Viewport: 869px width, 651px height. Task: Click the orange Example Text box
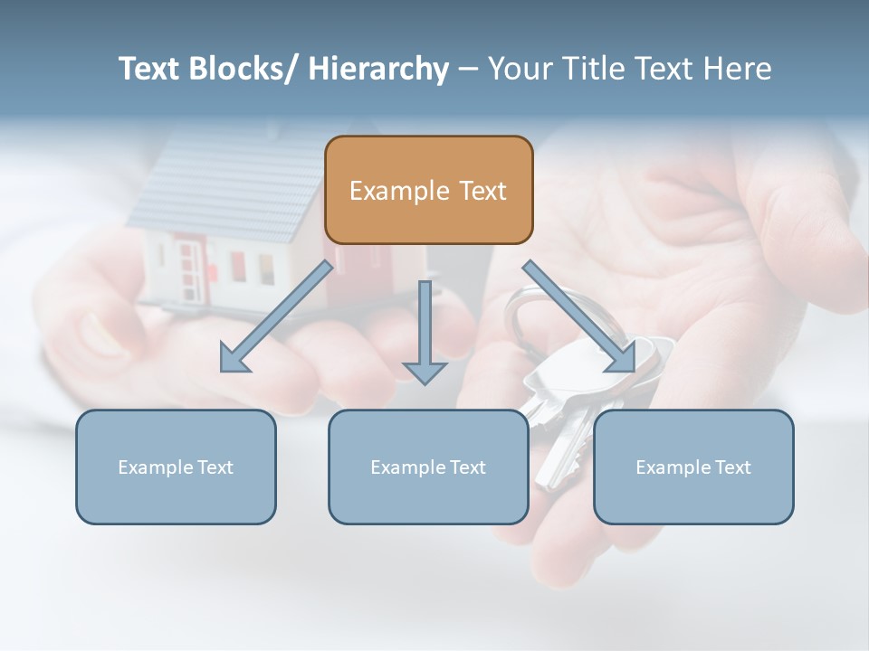(428, 190)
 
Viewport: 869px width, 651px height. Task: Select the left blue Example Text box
(176, 467)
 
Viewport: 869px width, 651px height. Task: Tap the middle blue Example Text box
(428, 467)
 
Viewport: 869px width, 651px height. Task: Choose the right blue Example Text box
(693, 467)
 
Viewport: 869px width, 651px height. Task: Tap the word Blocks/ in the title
(238, 69)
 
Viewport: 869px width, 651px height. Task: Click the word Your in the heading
(519, 69)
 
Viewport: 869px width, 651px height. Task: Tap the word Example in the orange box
(399, 191)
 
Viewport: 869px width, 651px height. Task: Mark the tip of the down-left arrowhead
(222, 372)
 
